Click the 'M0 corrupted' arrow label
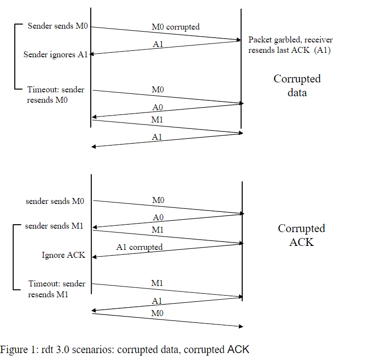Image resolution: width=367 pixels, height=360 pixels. pos(175,27)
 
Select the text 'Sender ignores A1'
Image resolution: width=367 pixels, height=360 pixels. pos(55,54)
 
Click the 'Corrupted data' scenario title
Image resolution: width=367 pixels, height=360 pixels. pos(297,85)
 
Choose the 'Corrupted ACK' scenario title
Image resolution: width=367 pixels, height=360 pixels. pos(301,235)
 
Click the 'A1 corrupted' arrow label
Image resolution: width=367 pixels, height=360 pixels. pos(139,247)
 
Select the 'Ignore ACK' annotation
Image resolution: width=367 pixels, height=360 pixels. pos(63,255)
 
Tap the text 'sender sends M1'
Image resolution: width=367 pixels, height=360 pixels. pos(54,226)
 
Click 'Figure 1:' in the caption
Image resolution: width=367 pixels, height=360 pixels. pos(17,350)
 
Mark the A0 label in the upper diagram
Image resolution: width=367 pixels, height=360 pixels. pos(157,107)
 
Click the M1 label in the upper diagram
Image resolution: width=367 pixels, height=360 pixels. pos(157,120)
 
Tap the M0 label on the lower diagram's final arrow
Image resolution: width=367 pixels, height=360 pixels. pos(157,313)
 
